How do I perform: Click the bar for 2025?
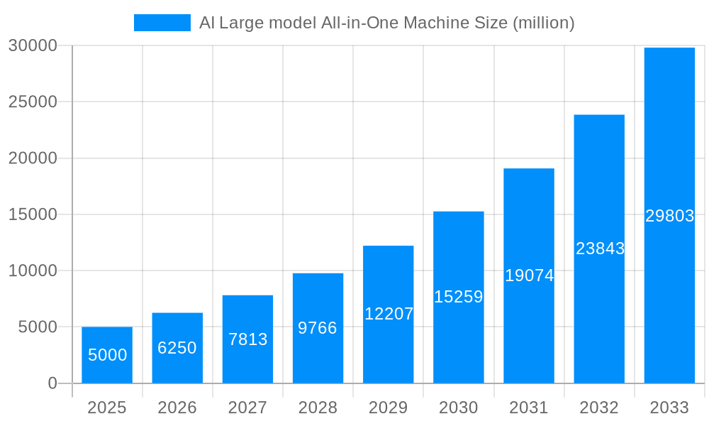(x=107, y=355)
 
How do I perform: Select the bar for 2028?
(x=318, y=328)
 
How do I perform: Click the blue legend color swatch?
(x=162, y=23)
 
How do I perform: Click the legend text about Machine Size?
(x=386, y=23)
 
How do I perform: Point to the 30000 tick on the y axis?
(x=32, y=45)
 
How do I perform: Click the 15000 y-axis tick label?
(x=32, y=214)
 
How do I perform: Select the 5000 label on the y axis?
(x=36, y=327)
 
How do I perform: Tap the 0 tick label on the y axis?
(x=52, y=383)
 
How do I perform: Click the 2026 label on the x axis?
(x=177, y=408)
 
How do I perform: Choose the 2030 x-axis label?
(x=459, y=408)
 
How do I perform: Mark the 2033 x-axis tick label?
(x=669, y=408)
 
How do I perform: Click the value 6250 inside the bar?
(x=177, y=348)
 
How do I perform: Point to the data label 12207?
(x=389, y=314)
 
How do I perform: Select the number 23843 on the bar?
(x=600, y=248)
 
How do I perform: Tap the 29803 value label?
(x=669, y=216)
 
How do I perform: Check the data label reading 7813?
(x=247, y=339)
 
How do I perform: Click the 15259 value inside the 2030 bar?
(x=459, y=297)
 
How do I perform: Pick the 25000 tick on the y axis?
(x=32, y=102)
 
